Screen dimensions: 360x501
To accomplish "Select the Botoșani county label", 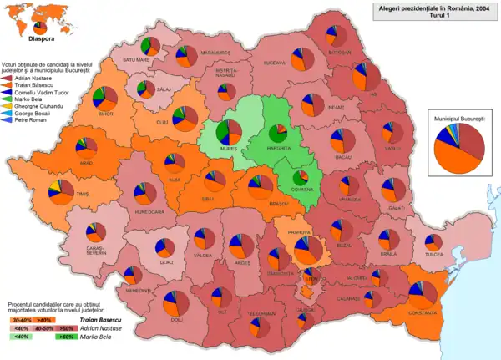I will pyautogui.click(x=341, y=51).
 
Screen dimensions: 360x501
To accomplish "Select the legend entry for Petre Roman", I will pyautogui.click(x=31, y=120).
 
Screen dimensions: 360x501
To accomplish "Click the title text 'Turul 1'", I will pyautogui.click(x=432, y=16).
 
